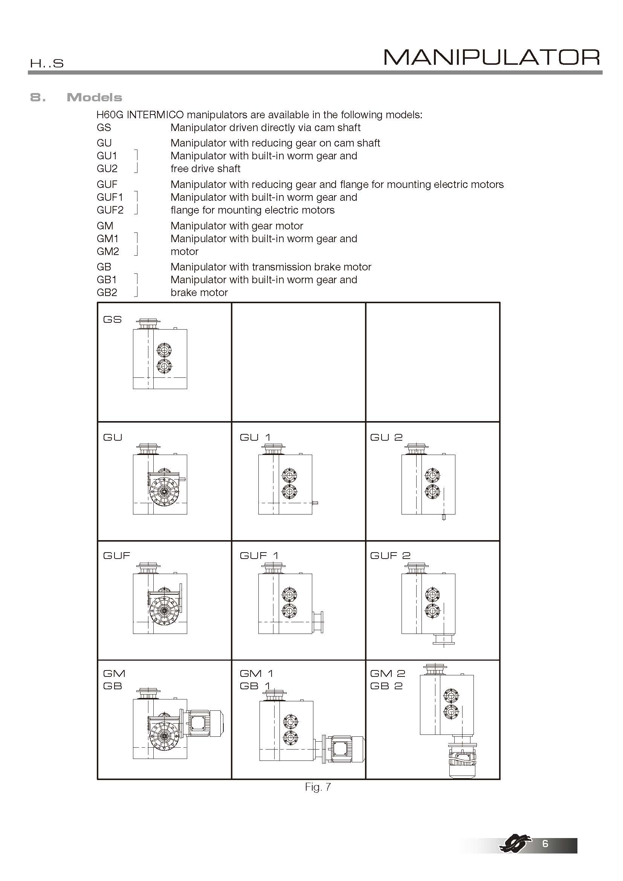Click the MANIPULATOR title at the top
tap(492, 58)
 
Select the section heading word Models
tap(95, 98)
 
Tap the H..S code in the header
tap(46, 63)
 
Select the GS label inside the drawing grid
tap(112, 319)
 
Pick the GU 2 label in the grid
tap(386, 437)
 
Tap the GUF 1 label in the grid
tap(259, 556)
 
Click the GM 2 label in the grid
tap(388, 673)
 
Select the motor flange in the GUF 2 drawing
tap(443, 640)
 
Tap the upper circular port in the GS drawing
tap(164, 350)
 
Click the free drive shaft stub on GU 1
tap(315, 503)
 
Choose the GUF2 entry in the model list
tap(110, 210)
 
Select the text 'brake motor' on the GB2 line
tap(199, 292)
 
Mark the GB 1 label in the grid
tap(255, 686)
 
